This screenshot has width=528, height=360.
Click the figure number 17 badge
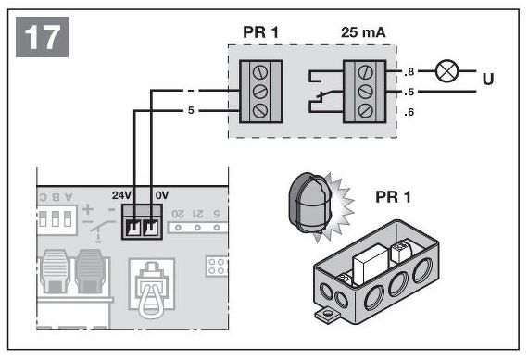coord(42,37)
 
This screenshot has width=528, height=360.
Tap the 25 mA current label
coord(363,32)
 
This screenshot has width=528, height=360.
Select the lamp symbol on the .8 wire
coord(446,71)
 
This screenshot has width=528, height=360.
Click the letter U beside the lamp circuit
coord(488,79)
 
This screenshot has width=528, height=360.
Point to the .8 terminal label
coord(409,71)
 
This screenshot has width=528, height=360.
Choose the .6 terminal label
coord(409,112)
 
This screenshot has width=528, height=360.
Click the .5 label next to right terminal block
coord(409,92)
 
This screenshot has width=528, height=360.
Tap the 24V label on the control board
coord(121,195)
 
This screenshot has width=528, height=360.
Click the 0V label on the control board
coord(162,195)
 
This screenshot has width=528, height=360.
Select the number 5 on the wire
coord(191,110)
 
